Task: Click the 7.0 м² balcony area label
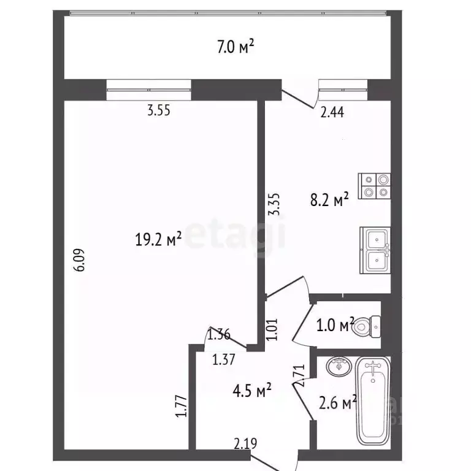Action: click(235, 47)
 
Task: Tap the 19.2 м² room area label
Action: click(158, 239)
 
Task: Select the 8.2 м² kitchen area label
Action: click(329, 199)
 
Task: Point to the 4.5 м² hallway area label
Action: click(252, 390)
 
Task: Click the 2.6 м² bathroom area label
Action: click(338, 402)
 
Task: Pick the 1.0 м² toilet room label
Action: click(335, 324)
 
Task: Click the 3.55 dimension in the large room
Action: click(159, 110)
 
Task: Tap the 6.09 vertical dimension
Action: click(80, 260)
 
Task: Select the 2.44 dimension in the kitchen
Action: click(332, 112)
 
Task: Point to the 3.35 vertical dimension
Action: click(274, 204)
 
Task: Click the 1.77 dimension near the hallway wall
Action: click(182, 406)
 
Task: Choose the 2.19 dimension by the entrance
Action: click(245, 443)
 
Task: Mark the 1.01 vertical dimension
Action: click(272, 329)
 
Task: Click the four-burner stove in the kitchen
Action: click(374, 186)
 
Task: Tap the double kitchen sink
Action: click(375, 250)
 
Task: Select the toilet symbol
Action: click(368, 326)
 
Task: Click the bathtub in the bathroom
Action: click(373, 400)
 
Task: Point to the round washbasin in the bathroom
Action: click(339, 366)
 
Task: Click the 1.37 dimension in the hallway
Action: click(223, 359)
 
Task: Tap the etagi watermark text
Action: click(235, 235)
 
